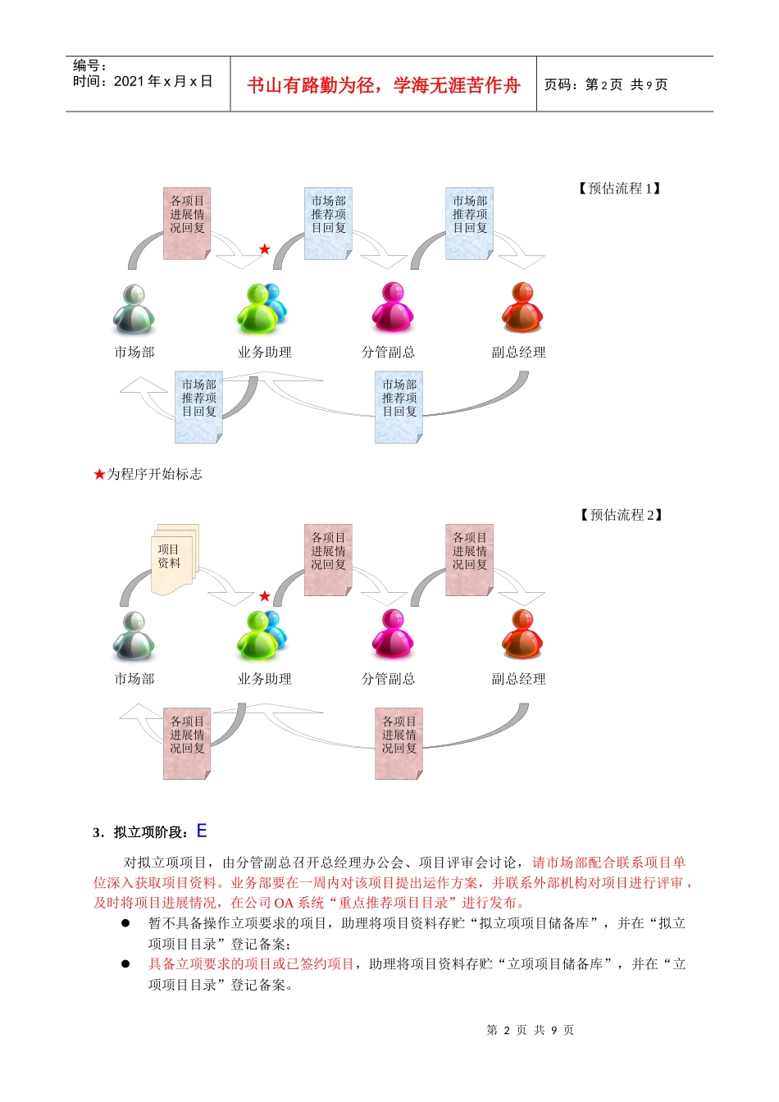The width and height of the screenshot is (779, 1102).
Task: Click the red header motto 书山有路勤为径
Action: [x=383, y=85]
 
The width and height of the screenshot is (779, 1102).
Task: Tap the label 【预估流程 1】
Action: [x=620, y=189]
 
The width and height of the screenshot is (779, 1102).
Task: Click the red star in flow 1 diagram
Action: [x=264, y=249]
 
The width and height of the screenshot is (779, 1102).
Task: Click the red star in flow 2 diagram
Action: [x=264, y=596]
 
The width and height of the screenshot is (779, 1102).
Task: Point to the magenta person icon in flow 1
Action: [x=392, y=307]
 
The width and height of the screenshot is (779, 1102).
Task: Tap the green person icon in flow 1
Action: [x=261, y=308]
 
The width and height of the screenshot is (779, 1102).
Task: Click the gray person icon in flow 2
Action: [x=134, y=635]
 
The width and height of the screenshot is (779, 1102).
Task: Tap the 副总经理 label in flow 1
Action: [x=518, y=353]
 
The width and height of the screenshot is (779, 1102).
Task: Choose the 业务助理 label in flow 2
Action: [x=264, y=679]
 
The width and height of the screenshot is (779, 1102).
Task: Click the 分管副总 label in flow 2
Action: [x=388, y=679]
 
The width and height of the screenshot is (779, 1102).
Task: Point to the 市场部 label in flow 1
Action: [x=134, y=353]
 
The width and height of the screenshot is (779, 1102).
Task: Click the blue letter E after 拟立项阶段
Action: [x=202, y=831]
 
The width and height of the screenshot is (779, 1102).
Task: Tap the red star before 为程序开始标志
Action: [x=99, y=474]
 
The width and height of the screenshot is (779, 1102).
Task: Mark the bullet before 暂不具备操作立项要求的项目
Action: [x=125, y=923]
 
